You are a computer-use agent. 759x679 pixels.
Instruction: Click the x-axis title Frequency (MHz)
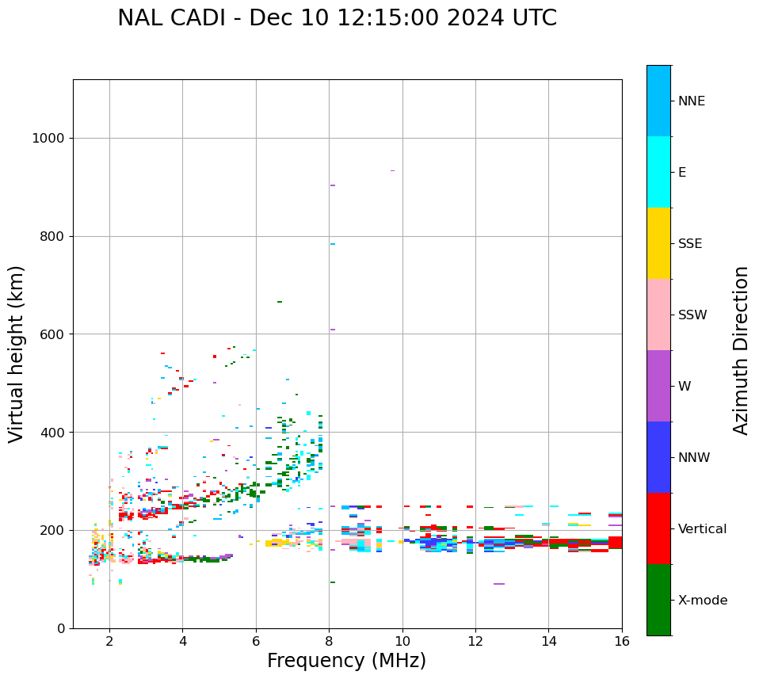(346, 661)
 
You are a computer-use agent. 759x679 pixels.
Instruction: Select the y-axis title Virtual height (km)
(17, 353)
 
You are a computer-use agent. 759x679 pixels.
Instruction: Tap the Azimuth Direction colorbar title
(741, 349)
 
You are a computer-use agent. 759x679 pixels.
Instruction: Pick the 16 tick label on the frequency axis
(622, 641)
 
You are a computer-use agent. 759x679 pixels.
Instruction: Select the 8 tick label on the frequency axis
(329, 641)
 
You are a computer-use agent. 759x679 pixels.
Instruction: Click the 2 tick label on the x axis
(109, 641)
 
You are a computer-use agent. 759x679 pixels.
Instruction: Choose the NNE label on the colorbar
(691, 101)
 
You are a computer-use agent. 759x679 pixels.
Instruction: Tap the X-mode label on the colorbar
(702, 601)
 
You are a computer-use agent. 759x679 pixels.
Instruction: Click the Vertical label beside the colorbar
(702, 529)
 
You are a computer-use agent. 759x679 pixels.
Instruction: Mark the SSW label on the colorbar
(692, 315)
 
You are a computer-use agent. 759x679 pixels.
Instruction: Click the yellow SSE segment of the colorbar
(658, 243)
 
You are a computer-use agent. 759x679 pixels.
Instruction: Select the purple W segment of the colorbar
(658, 386)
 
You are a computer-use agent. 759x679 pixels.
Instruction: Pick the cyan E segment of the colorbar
(658, 172)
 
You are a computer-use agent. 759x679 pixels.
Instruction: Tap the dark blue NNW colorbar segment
(658, 457)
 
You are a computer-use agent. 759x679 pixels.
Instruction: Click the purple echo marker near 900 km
(333, 185)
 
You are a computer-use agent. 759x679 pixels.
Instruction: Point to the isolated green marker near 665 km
(280, 302)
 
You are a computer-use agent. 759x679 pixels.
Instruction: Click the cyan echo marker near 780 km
(333, 244)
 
